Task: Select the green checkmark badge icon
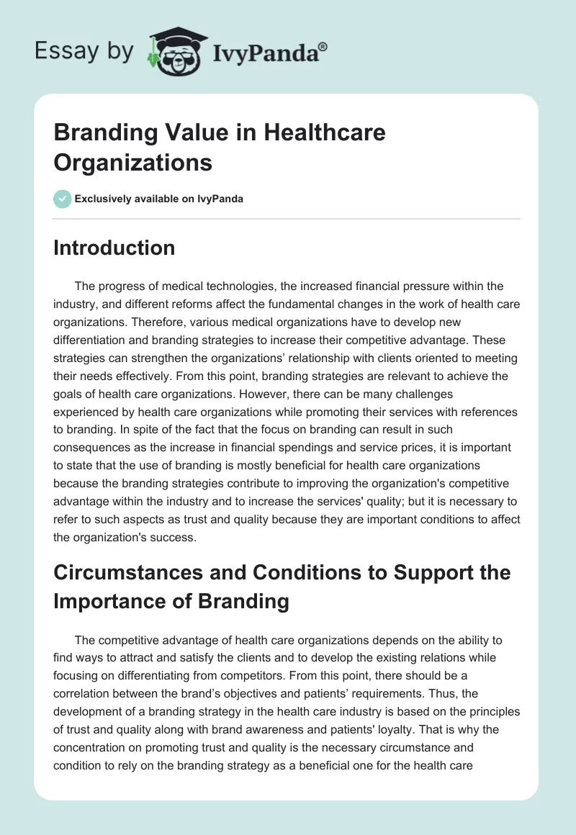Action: tap(62, 199)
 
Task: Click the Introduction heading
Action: tap(114, 248)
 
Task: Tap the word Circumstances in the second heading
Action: tap(122, 572)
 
